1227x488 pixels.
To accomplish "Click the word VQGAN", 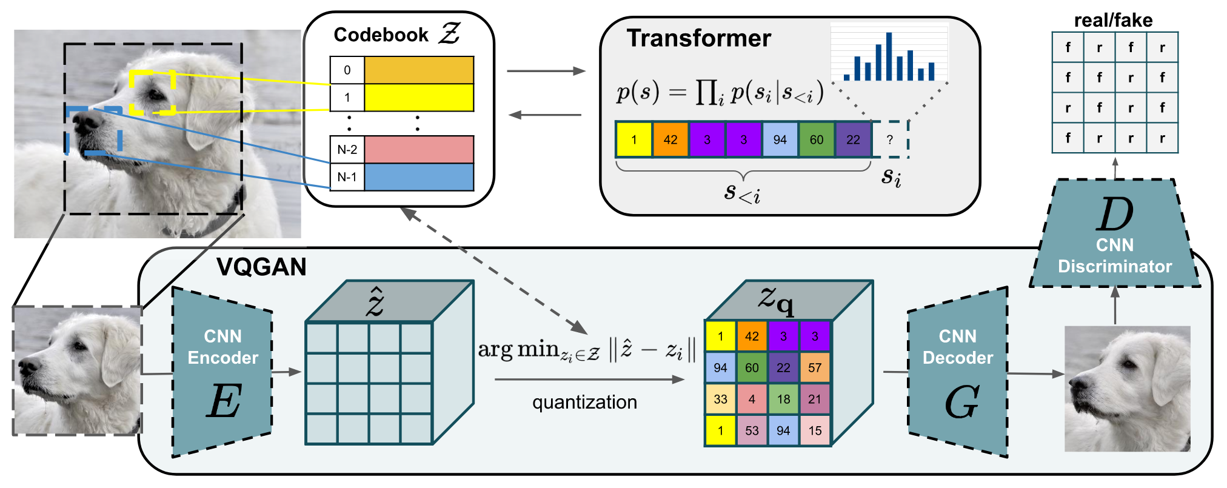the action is (x=261, y=267).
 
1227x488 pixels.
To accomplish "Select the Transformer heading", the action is (x=699, y=38).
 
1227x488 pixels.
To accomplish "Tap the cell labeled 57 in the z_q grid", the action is (x=815, y=367).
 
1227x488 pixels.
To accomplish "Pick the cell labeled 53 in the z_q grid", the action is (x=752, y=430).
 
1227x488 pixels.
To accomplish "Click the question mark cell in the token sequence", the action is (x=890, y=139).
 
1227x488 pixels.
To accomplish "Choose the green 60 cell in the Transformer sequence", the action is (x=817, y=139).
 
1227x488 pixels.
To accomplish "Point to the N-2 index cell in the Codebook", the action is (x=347, y=150).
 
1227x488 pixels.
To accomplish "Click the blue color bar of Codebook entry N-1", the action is (x=419, y=177).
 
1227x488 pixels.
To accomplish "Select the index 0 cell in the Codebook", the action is (x=347, y=70).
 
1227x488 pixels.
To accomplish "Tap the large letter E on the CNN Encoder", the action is (x=224, y=401).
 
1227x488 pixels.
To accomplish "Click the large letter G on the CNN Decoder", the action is (x=961, y=402).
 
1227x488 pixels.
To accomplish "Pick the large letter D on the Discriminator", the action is (x=1114, y=215).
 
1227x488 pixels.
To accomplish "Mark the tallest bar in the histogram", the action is (x=889, y=56).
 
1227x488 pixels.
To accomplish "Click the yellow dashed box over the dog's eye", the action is (x=153, y=92).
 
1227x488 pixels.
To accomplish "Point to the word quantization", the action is (x=584, y=402).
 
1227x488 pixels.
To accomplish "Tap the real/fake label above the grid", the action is (x=1113, y=21).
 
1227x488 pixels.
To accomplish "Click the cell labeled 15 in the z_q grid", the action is (x=815, y=430).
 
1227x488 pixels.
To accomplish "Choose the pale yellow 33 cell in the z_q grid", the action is (x=720, y=399).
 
